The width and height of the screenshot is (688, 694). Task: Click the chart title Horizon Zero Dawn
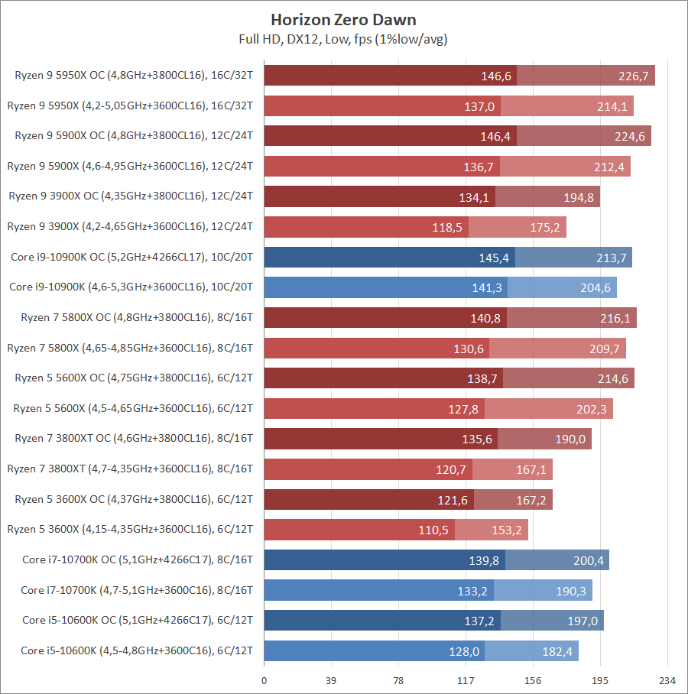coord(344,19)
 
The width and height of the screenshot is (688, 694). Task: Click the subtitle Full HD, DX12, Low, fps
coord(344,39)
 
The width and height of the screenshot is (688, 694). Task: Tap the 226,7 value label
coord(634,76)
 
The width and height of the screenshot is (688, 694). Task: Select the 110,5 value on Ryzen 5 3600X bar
coord(436,529)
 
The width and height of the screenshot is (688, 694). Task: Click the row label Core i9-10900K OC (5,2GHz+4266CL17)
coord(132,257)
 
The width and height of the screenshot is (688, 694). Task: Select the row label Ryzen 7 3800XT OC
coord(134,439)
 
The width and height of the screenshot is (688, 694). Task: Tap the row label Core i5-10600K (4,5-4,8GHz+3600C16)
coord(137,650)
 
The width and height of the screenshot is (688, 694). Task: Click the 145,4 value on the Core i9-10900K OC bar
coord(494,258)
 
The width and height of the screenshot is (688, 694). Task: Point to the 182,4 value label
coord(557,650)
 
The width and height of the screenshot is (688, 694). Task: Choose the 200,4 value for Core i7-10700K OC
coord(588,559)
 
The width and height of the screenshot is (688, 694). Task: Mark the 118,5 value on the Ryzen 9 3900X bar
coord(447,227)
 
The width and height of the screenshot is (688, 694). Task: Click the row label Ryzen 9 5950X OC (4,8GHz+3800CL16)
coord(134,75)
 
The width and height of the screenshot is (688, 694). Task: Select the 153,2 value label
coord(507,529)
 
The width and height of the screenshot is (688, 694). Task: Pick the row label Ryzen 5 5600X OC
coord(134,378)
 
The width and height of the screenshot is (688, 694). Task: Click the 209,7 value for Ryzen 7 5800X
coord(604,348)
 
